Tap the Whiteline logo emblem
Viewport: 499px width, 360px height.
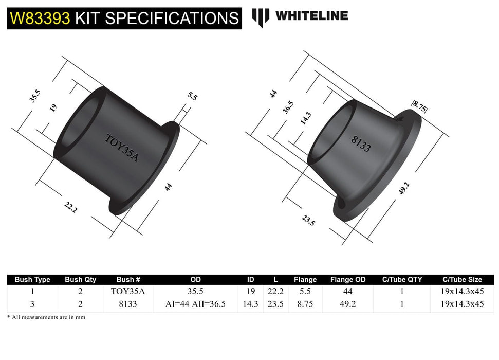(x=261, y=17)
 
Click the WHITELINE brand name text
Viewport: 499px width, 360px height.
(x=311, y=16)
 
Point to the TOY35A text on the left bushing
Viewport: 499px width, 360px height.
(x=122, y=148)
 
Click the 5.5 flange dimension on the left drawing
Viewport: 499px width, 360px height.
(x=192, y=96)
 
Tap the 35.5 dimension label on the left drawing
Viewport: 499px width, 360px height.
(x=34, y=96)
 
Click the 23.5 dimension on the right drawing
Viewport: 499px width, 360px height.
(x=308, y=220)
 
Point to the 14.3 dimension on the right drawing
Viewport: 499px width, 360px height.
(x=305, y=119)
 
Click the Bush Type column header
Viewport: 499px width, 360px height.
(x=32, y=280)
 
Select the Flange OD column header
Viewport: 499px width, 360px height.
(x=348, y=280)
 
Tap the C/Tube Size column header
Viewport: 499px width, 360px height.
(x=462, y=280)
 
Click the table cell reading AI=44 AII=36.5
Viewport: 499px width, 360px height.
(x=195, y=304)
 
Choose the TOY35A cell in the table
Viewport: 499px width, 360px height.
(x=128, y=291)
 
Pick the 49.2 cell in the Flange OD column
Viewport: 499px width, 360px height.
(x=348, y=304)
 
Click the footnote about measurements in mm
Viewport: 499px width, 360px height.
(x=46, y=317)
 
